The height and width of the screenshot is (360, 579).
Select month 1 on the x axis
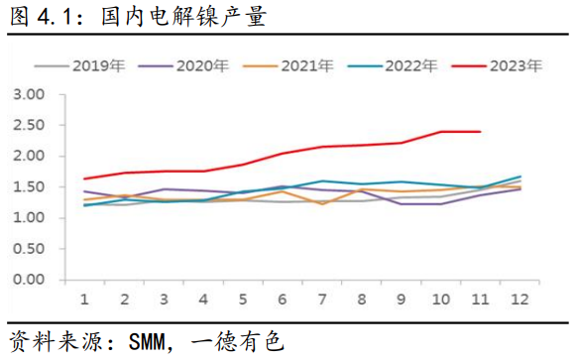(85, 299)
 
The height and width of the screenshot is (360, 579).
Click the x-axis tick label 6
(283, 299)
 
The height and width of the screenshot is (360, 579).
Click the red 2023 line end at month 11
(480, 131)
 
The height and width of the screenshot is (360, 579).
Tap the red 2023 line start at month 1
(85, 179)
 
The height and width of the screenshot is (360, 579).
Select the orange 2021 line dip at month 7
(322, 203)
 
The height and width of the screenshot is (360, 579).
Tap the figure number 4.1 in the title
(51, 17)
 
